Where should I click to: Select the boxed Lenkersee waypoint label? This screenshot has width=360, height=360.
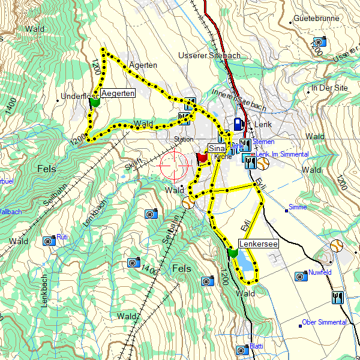tap(257, 244)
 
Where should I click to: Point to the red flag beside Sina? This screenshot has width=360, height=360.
tap(202, 157)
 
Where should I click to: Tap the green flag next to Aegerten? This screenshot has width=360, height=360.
tap(94, 103)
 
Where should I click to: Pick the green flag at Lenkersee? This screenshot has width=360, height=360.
tap(233, 253)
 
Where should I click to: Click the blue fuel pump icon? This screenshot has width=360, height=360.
tap(238, 124)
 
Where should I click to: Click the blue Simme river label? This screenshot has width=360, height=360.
tap(298, 207)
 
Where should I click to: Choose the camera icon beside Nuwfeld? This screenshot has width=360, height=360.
tap(301, 276)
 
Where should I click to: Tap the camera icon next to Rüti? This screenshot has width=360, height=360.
tap(49, 241)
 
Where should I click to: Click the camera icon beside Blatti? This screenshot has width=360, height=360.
tap(242, 350)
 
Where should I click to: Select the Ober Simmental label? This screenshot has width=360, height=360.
tap(325, 322)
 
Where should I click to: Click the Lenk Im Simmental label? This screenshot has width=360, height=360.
tap(282, 154)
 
